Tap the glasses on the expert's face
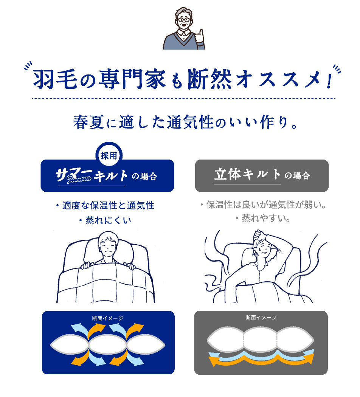coord(184,20)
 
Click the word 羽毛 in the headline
coord(55,79)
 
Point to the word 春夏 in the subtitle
coord(88,122)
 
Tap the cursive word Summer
coord(79,179)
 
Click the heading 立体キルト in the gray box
coord(247,175)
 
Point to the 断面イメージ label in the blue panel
coord(108,318)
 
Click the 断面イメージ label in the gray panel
coord(261,318)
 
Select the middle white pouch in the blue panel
coord(108,345)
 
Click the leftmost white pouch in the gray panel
coord(225,340)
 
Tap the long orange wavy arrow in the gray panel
coord(261,360)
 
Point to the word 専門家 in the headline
coord(132,79)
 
